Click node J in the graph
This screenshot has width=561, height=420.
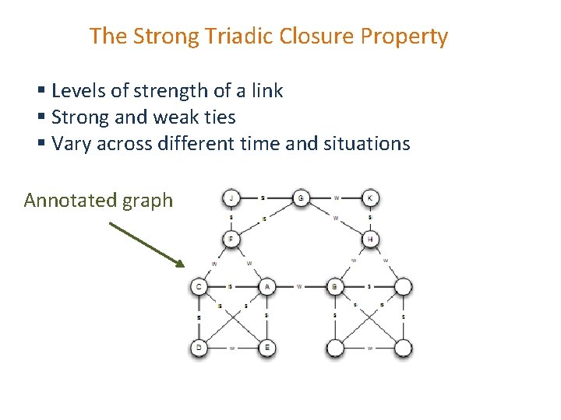pos(231,198)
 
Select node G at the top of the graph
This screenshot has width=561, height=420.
pos(301,198)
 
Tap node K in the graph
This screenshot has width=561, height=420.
pos(370,198)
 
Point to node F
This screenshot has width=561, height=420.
pos(231,238)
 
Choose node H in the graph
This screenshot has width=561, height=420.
pos(370,238)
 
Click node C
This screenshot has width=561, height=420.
pos(199,287)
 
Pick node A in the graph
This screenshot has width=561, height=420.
pos(266,287)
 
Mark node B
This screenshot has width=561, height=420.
pos(335,287)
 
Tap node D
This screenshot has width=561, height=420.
pos(199,348)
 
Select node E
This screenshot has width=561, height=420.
pos(266,348)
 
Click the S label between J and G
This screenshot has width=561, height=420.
pos(263,198)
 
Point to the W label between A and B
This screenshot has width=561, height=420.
pos(299,286)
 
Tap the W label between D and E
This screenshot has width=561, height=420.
pos(232,348)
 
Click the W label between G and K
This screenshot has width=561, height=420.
pos(336,198)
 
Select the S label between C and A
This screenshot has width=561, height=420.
pos(232,286)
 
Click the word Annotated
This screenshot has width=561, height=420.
pos(71,201)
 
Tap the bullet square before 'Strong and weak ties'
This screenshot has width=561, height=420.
pos(41,118)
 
